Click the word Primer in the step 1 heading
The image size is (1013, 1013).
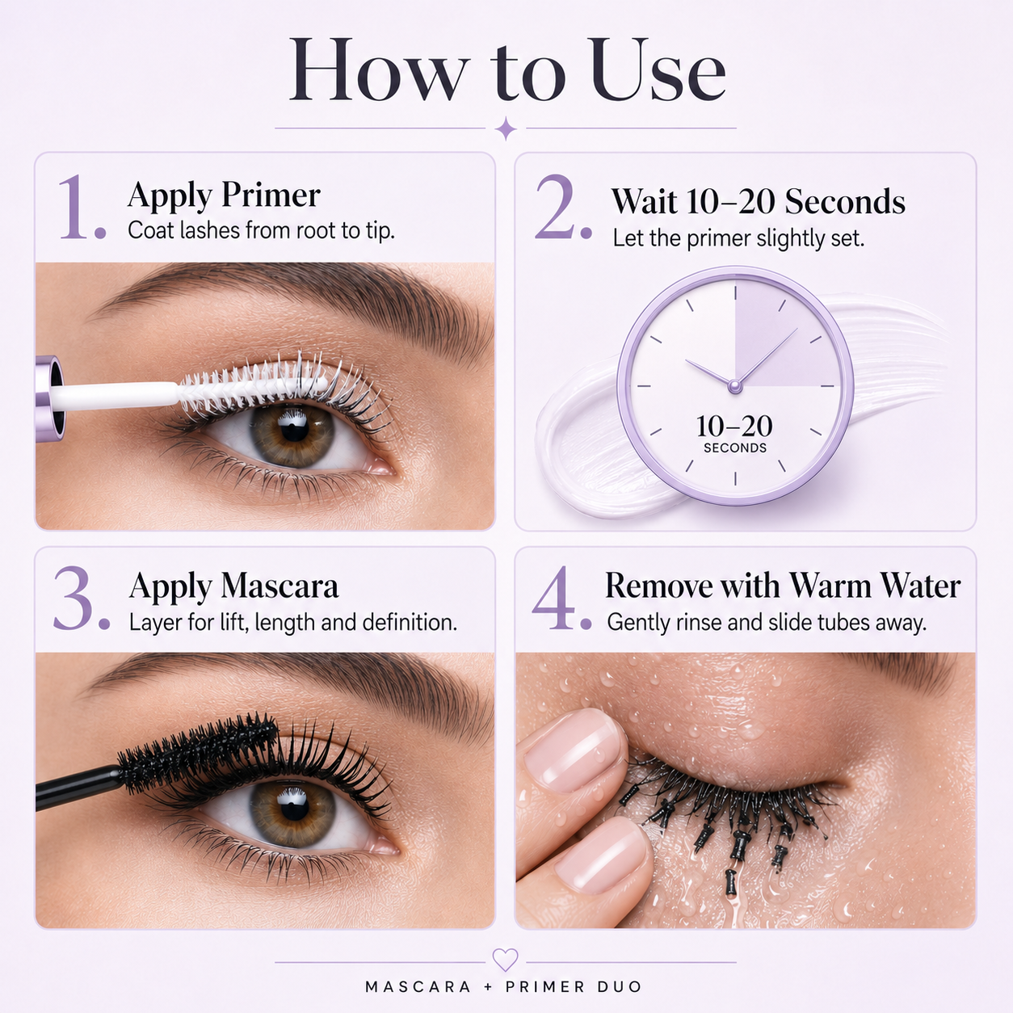[x=271, y=195]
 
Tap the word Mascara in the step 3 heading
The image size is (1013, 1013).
[x=280, y=586]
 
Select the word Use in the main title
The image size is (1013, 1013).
[x=658, y=70]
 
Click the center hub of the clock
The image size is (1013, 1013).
[x=735, y=386]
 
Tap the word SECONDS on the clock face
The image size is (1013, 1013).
[x=735, y=448]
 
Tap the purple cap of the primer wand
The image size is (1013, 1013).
[x=50, y=397]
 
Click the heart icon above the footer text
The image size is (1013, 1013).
[x=505, y=960]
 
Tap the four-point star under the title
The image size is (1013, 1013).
[x=506, y=128]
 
